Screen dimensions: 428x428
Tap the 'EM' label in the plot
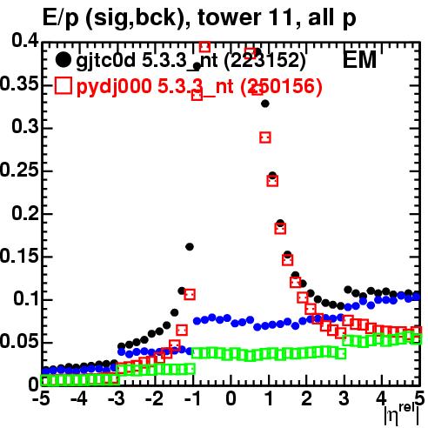(x=359, y=60)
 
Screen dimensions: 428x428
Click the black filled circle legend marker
(x=63, y=60)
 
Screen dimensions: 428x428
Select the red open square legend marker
(x=64, y=86)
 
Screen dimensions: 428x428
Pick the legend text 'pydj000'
(x=114, y=87)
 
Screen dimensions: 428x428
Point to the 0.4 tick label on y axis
(x=25, y=41)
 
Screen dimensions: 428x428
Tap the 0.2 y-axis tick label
(x=25, y=212)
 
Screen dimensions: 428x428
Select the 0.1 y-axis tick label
(x=26, y=298)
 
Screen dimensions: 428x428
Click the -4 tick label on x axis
(x=79, y=398)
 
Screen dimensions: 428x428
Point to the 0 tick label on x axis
(x=231, y=398)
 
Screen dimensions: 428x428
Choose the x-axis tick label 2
(x=306, y=398)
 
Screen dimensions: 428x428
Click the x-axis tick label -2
(x=155, y=398)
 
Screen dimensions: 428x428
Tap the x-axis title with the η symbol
(x=401, y=414)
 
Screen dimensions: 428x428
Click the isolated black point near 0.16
(x=190, y=247)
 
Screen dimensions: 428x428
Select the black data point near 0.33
(x=265, y=104)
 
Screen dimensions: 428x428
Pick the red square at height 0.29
(x=265, y=137)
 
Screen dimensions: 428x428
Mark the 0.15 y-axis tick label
(x=19, y=257)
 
